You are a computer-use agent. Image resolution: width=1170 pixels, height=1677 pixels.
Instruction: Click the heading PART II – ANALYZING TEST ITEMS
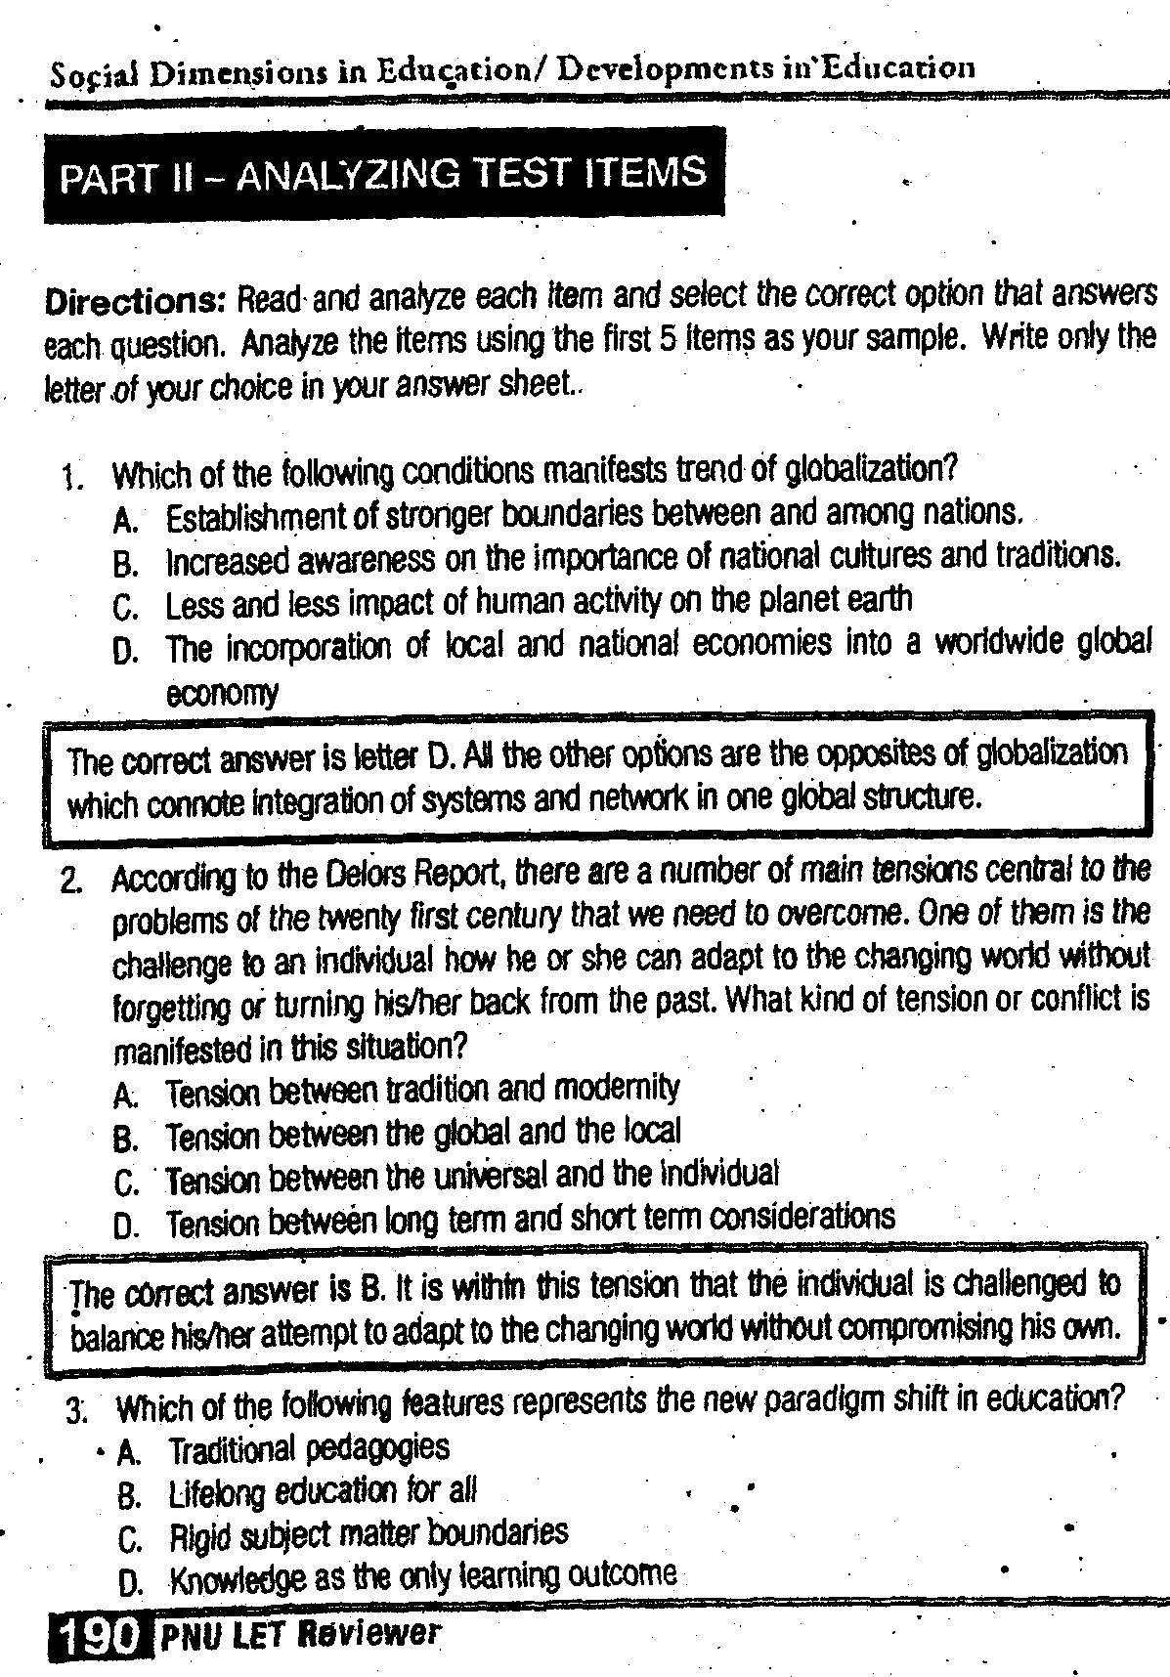pyautogui.click(x=382, y=174)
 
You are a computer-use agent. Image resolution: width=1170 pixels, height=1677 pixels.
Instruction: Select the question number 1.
pyautogui.click(x=69, y=478)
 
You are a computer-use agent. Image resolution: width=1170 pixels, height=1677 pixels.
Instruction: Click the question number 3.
pyautogui.click(x=77, y=1410)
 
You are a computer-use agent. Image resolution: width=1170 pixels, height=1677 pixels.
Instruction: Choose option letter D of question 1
pyautogui.click(x=126, y=651)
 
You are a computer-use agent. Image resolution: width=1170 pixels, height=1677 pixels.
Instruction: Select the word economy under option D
pyautogui.click(x=223, y=693)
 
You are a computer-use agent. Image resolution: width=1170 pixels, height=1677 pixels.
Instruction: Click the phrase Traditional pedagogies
pyautogui.click(x=309, y=1447)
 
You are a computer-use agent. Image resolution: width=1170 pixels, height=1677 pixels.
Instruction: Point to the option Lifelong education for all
pyautogui.click(x=323, y=1491)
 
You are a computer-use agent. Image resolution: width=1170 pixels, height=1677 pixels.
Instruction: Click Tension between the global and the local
pyautogui.click(x=423, y=1134)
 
